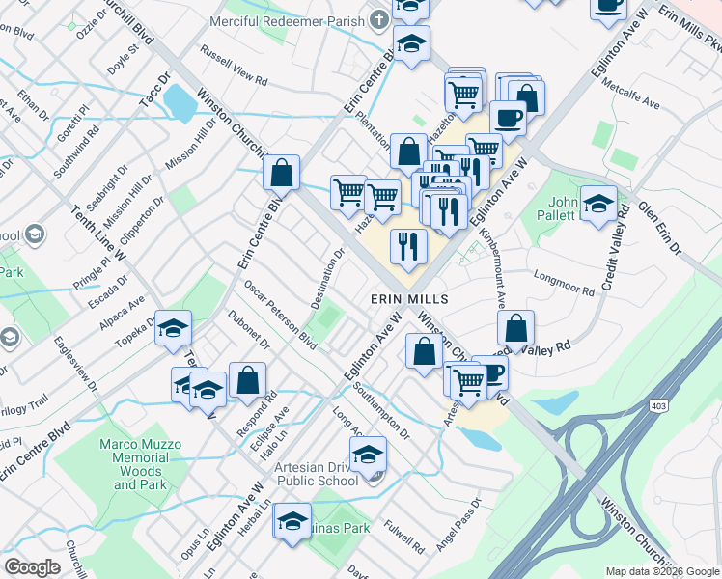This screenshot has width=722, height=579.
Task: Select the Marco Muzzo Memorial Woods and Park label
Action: click(x=140, y=464)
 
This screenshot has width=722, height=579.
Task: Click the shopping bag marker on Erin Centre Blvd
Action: click(x=281, y=175)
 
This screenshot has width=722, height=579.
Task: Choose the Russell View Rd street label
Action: click(x=233, y=63)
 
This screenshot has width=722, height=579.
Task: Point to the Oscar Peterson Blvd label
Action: click(x=280, y=316)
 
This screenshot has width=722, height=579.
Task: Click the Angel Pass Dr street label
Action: click(x=458, y=527)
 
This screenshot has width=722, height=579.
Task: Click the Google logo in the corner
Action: click(x=33, y=567)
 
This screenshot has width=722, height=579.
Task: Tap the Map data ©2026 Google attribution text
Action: click(x=661, y=571)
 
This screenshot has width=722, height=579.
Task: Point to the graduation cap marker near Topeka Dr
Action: click(x=174, y=330)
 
